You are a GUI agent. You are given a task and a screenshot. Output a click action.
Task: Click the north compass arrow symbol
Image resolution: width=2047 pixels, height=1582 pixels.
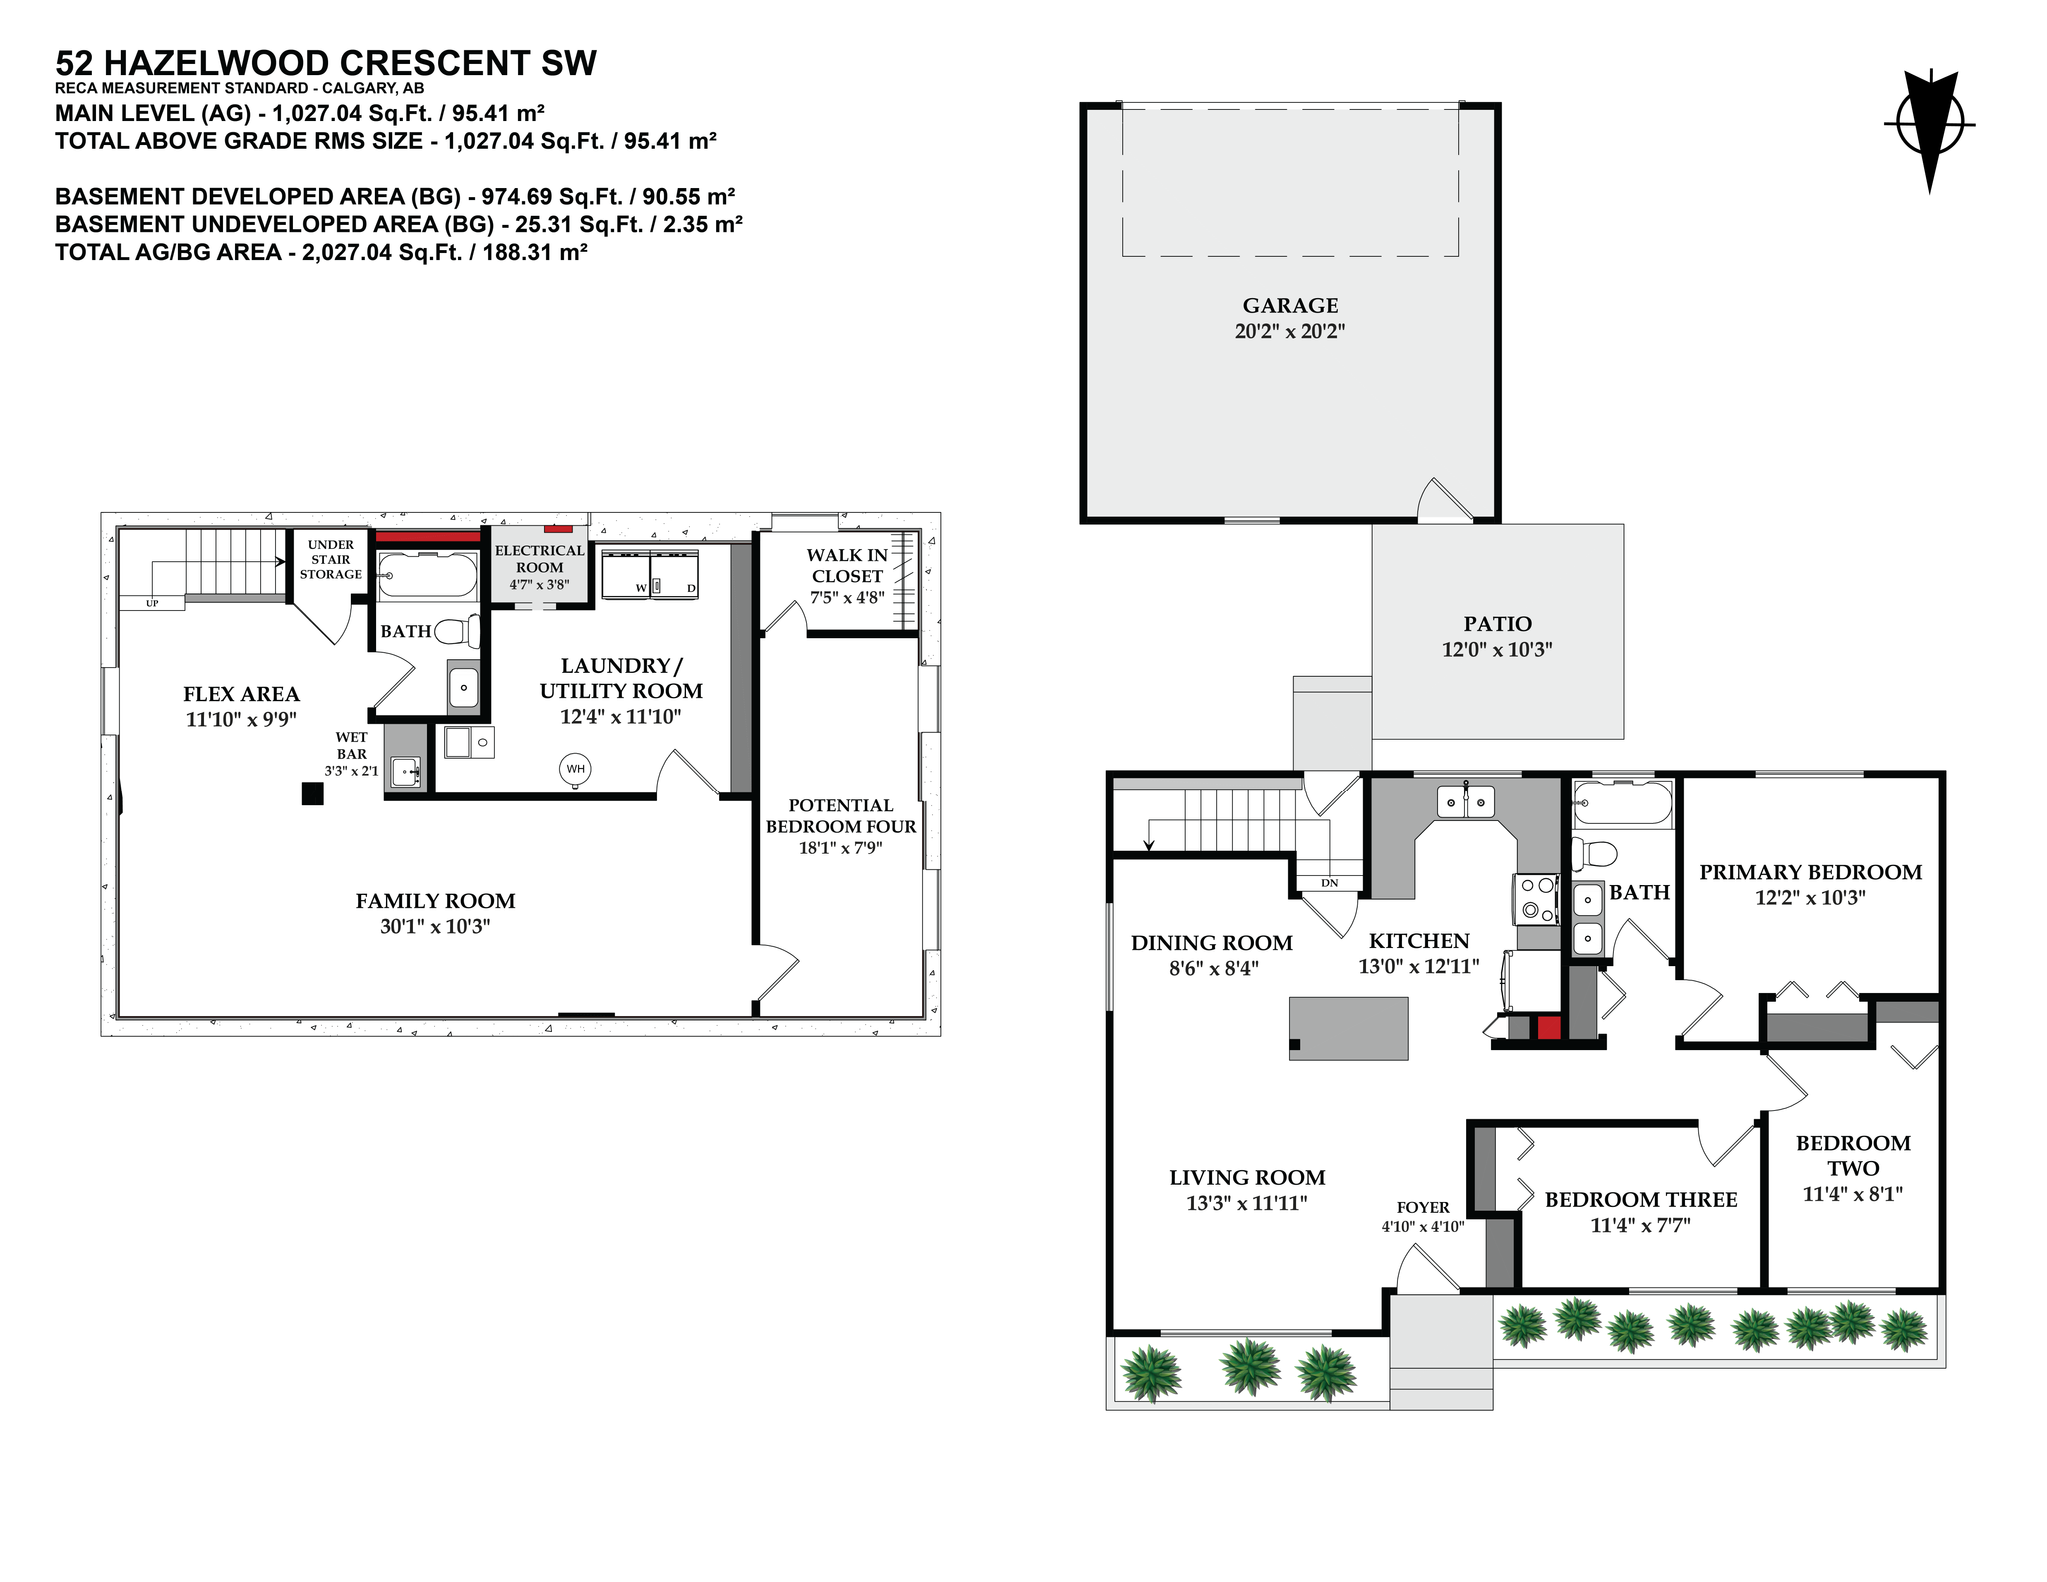[1929, 131]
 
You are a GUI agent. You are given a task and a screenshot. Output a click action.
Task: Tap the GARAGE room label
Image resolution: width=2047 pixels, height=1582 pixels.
[1290, 306]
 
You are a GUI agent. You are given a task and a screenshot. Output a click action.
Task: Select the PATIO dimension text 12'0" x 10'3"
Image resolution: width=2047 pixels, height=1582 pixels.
[1496, 650]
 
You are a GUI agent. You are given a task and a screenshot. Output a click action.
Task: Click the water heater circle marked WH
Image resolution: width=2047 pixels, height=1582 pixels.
[575, 769]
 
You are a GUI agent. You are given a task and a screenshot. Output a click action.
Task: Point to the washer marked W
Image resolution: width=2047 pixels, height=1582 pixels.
[626, 573]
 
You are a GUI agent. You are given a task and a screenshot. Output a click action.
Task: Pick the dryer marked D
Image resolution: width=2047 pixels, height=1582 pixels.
[675, 573]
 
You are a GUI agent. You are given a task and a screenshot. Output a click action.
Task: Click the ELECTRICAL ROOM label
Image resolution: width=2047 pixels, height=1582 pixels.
[540, 558]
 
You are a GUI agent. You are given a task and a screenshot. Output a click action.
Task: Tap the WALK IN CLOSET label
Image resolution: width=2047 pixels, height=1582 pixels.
[847, 566]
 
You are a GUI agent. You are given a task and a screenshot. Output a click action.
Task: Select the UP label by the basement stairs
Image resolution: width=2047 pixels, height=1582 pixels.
[152, 603]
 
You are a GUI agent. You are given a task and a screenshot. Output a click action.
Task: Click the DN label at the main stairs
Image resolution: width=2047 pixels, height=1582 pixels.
[1329, 883]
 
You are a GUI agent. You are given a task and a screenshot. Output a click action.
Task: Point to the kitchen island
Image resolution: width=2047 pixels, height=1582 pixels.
[1349, 1028]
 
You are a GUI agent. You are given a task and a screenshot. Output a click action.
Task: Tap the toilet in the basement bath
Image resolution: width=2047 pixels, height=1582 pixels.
[461, 631]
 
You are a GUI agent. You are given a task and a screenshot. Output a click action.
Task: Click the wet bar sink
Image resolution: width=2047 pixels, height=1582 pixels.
[405, 771]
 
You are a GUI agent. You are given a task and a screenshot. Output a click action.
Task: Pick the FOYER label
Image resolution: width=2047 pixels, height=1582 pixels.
[1423, 1207]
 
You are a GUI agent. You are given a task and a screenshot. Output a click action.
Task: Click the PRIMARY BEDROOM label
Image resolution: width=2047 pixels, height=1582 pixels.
[1810, 872]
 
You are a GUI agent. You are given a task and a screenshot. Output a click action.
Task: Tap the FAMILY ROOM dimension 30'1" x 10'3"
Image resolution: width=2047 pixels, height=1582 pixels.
[435, 926]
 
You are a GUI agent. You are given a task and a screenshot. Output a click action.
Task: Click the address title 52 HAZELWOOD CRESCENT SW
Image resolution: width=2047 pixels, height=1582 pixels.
[326, 63]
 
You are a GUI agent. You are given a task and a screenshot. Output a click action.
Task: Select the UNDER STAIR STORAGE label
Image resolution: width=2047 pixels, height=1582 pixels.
[331, 560]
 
